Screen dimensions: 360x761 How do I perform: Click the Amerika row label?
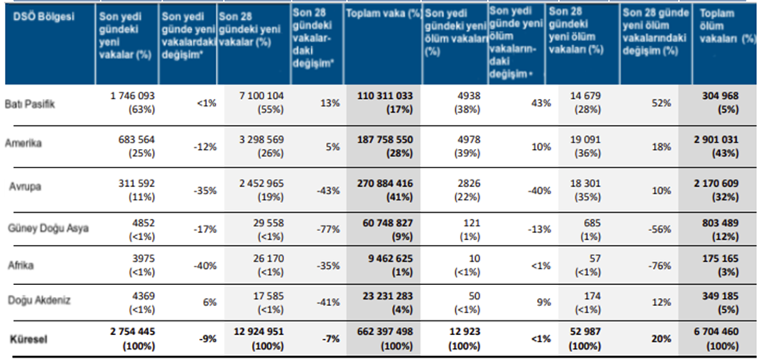click(23, 145)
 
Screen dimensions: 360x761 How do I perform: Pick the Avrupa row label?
click(27, 188)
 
